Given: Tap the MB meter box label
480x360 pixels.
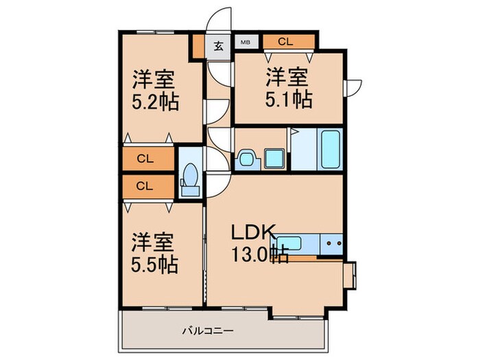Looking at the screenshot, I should point(245,43).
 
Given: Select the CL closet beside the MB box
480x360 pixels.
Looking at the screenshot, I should point(286,42).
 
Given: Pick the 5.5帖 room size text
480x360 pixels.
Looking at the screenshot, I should point(155,265).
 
